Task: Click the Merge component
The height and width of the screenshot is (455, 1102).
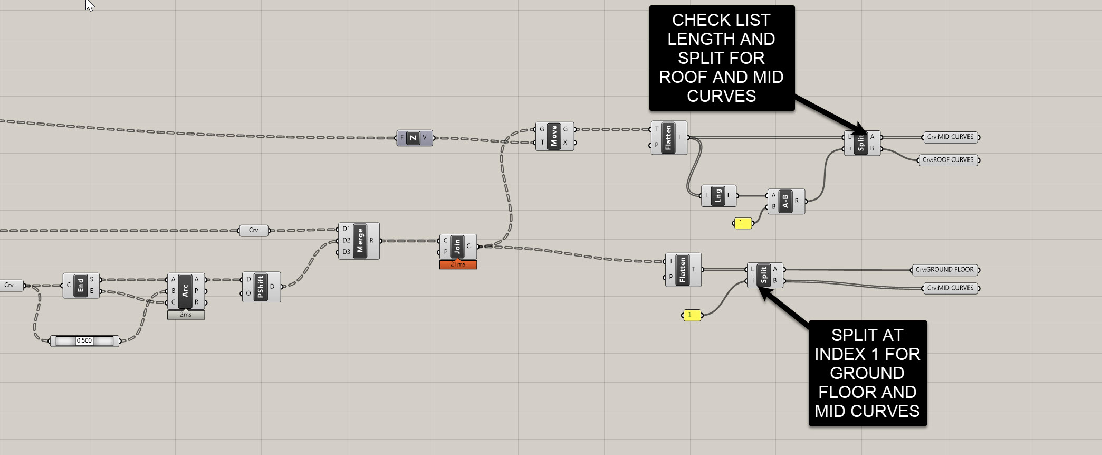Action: (x=360, y=241)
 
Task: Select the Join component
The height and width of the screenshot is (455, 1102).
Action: (x=457, y=246)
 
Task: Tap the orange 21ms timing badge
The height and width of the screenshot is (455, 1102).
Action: (x=458, y=264)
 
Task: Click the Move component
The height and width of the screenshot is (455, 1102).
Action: (x=554, y=136)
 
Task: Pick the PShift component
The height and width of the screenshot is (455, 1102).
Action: (x=260, y=287)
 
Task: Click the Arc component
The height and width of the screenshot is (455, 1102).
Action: (x=185, y=291)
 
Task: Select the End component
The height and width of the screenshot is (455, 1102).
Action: (x=80, y=286)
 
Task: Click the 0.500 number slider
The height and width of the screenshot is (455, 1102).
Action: (x=84, y=341)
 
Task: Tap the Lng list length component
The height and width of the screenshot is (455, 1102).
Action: (x=718, y=196)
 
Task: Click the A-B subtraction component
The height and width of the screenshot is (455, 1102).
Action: (x=785, y=201)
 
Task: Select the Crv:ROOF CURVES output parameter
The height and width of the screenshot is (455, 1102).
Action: (x=948, y=160)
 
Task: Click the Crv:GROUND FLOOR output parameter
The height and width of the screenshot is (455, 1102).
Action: (x=944, y=270)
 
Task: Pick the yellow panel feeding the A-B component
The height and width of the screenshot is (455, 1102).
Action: (x=743, y=223)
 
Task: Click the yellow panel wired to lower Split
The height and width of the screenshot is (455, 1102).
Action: (x=692, y=315)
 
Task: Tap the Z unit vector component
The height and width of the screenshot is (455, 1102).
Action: (x=414, y=138)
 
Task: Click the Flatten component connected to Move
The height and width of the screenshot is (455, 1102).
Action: (x=668, y=137)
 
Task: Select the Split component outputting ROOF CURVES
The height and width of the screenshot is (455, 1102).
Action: (x=861, y=143)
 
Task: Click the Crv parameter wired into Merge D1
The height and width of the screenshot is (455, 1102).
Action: (x=253, y=231)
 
